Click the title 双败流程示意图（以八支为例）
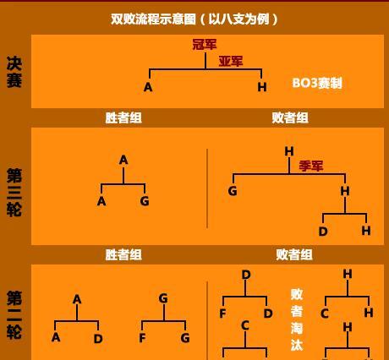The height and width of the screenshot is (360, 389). click(x=194, y=19)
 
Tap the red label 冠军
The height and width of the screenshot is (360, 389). click(x=205, y=45)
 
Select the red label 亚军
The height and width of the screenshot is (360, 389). click(x=231, y=61)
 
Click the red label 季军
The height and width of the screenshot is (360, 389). click(x=311, y=166)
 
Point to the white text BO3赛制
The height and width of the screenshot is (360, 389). click(x=317, y=83)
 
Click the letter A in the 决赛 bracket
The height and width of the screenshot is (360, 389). click(x=148, y=87)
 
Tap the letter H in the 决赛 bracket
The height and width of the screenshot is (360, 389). click(x=262, y=87)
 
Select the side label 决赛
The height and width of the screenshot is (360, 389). click(x=14, y=72)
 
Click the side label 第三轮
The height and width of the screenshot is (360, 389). click(x=14, y=193)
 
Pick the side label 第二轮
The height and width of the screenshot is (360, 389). click(x=14, y=315)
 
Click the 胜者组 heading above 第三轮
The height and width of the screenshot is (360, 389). click(x=123, y=117)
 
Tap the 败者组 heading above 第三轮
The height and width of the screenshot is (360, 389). click(x=290, y=117)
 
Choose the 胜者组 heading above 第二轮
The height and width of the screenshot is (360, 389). click(x=123, y=254)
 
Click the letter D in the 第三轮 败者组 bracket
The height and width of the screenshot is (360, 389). click(x=323, y=232)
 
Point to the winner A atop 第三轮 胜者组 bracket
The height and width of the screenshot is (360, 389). click(x=123, y=160)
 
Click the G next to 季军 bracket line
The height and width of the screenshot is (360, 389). click(x=233, y=191)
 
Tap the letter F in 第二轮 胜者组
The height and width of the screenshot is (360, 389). click(x=142, y=338)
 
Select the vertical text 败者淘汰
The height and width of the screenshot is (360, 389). click(x=297, y=319)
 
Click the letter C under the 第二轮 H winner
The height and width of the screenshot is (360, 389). click(x=325, y=314)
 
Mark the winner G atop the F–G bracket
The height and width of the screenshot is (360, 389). click(x=163, y=298)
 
